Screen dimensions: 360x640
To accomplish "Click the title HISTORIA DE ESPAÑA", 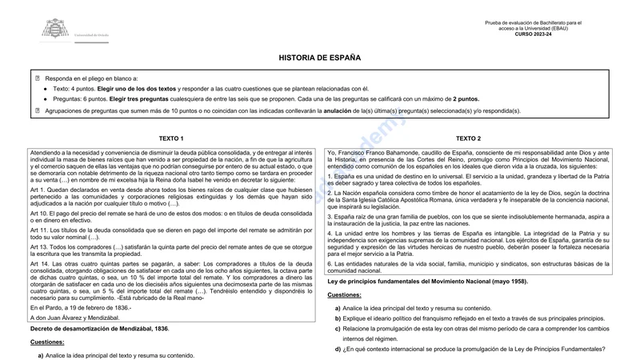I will [319, 58].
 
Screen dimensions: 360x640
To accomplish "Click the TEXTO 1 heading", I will [171, 138].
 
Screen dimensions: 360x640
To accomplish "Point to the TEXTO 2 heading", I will [468, 138].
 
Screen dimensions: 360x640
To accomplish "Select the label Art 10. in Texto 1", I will [38, 214].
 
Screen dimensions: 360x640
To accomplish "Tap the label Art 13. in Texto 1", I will [38, 247].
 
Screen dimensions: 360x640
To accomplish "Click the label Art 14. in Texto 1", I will [38, 262].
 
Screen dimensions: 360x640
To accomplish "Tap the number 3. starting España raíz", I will [330, 216].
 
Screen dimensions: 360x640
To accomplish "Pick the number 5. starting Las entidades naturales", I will [330, 263].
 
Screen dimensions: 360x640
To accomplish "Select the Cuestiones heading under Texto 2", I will [345, 295].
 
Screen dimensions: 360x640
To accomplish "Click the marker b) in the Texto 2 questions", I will [338, 318].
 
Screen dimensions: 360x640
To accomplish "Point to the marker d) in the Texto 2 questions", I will [338, 350].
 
